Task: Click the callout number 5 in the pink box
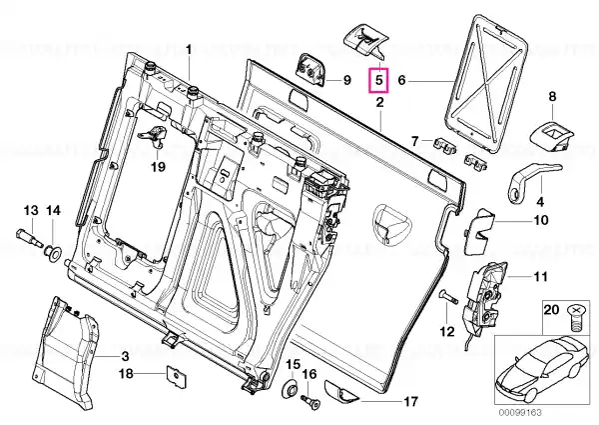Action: pyautogui.click(x=378, y=80)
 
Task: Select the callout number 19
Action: pyautogui.click(x=158, y=166)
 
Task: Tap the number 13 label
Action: pyautogui.click(x=31, y=210)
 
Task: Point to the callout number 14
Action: pyautogui.click(x=54, y=210)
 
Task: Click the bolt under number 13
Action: pyautogui.click(x=29, y=237)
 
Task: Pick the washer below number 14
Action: pyautogui.click(x=53, y=253)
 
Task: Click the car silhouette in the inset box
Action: pyautogui.click(x=542, y=369)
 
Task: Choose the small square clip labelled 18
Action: pyautogui.click(x=176, y=376)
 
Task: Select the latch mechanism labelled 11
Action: pyautogui.click(x=485, y=298)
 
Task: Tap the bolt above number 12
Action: pyautogui.click(x=448, y=296)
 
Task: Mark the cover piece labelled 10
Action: pyautogui.click(x=477, y=231)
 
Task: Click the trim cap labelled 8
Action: pyautogui.click(x=552, y=137)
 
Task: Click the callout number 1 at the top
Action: pyautogui.click(x=188, y=50)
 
